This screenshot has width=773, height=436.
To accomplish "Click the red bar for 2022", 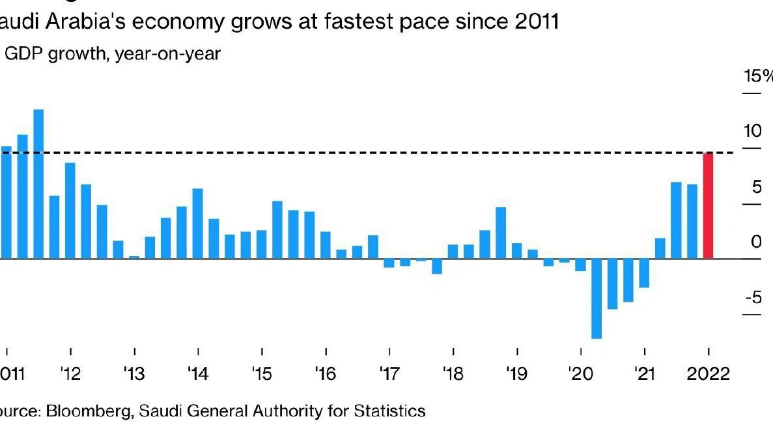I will (x=708, y=205).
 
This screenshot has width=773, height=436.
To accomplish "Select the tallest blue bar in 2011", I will (x=38, y=184).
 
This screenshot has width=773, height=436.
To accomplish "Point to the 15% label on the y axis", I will (x=758, y=76).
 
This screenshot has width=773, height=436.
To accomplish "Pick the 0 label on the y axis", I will (x=755, y=242).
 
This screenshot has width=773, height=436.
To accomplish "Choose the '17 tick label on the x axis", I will (x=388, y=375).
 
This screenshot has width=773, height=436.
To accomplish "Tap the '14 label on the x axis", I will (x=197, y=375).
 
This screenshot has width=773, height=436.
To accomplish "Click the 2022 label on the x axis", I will (x=708, y=375).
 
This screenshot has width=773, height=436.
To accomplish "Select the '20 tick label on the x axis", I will (x=580, y=375).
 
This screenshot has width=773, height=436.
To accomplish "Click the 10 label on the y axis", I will (x=752, y=131).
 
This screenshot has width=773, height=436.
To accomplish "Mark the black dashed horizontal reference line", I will (x=391, y=153).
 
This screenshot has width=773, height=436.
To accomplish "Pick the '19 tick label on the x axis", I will (x=516, y=375).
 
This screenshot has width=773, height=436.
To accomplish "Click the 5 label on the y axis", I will (x=755, y=187).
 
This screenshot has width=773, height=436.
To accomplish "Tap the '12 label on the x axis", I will (x=70, y=375).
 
